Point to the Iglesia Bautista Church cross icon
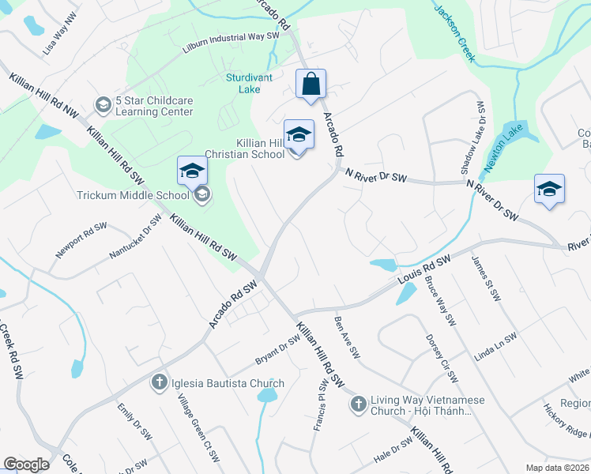(159, 384)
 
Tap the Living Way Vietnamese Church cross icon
(358, 405)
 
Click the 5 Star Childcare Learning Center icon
(103, 105)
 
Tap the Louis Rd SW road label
(423, 270)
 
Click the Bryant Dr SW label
(277, 350)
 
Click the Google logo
(26, 465)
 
